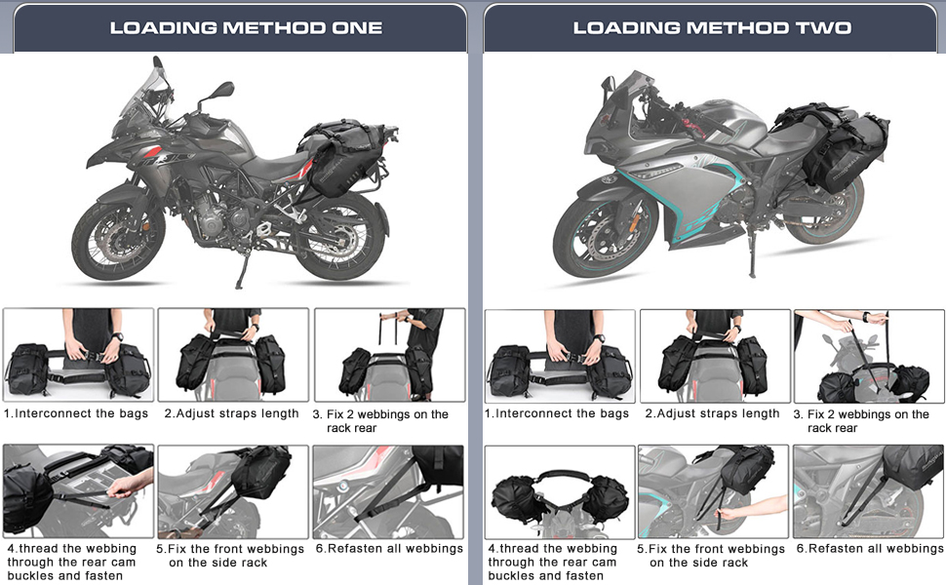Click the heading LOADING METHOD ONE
tap(246, 27)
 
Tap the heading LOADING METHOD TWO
tap(712, 27)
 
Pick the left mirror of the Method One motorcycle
tap(222, 90)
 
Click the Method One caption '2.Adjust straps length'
tap(232, 413)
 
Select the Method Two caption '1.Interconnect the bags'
tap(556, 413)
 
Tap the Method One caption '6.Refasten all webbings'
tap(389, 549)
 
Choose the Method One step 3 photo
tap(390, 355)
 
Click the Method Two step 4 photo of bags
tap(560, 492)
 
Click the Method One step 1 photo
tap(78, 355)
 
